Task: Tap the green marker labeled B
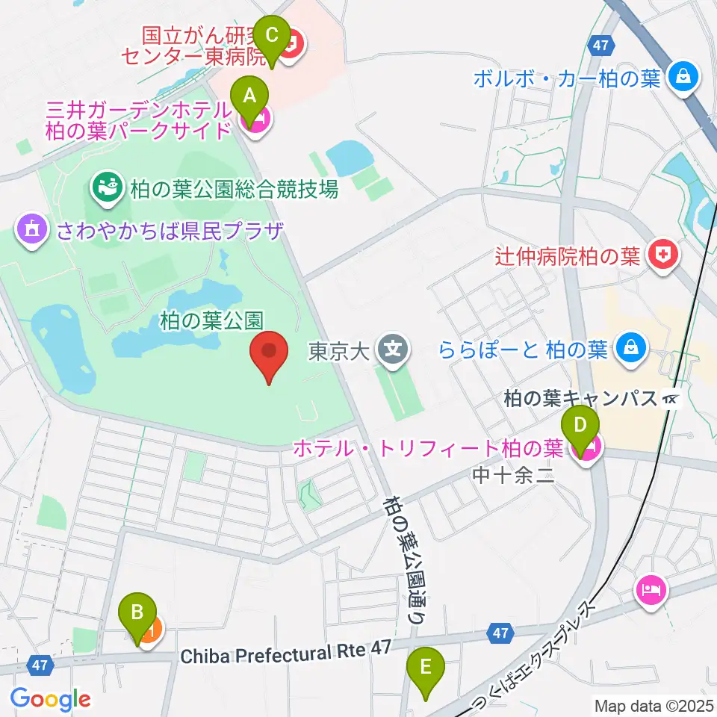137,615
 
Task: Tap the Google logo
50,699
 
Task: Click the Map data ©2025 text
654,704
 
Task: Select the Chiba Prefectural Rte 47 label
286,654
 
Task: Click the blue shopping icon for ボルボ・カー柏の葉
683,76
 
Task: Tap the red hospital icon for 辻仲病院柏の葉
662,257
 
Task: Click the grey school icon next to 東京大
391,349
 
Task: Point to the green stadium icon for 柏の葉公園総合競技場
106,187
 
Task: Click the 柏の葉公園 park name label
211,320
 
